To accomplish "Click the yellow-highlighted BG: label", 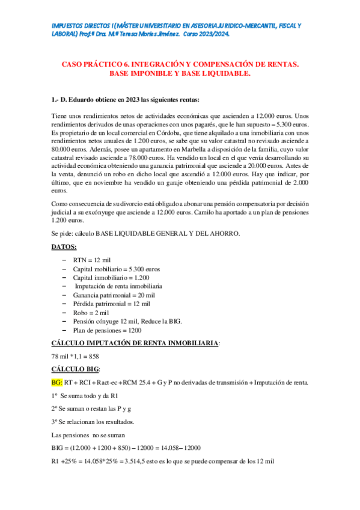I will click(57, 382).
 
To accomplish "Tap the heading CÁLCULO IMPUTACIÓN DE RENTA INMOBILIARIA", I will click(135, 343).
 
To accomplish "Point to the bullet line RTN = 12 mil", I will click(93, 259).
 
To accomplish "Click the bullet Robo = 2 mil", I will click(91, 313).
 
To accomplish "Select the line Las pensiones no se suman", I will click(90, 435).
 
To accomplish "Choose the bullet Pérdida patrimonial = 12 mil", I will click(112, 304).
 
